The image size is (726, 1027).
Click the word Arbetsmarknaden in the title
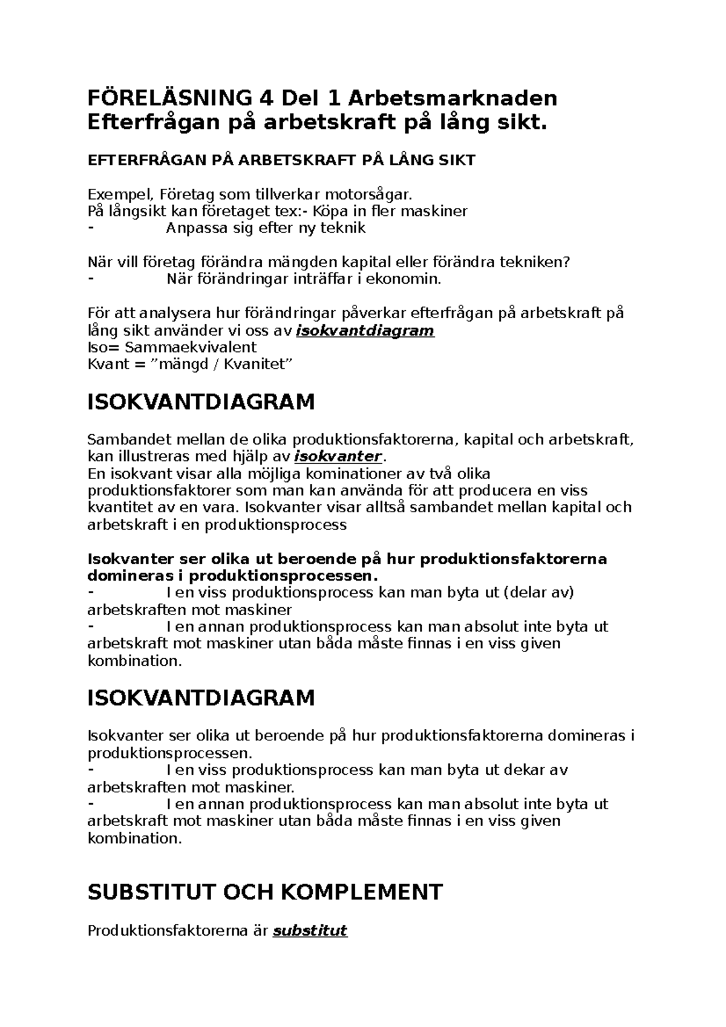tap(452, 97)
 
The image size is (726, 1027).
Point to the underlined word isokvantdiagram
tap(365, 331)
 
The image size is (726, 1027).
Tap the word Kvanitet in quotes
tap(258, 364)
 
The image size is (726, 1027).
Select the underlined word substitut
tap(310, 930)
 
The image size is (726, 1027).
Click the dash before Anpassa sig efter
tap(91, 228)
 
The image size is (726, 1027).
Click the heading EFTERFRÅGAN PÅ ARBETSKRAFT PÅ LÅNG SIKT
tap(281, 160)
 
